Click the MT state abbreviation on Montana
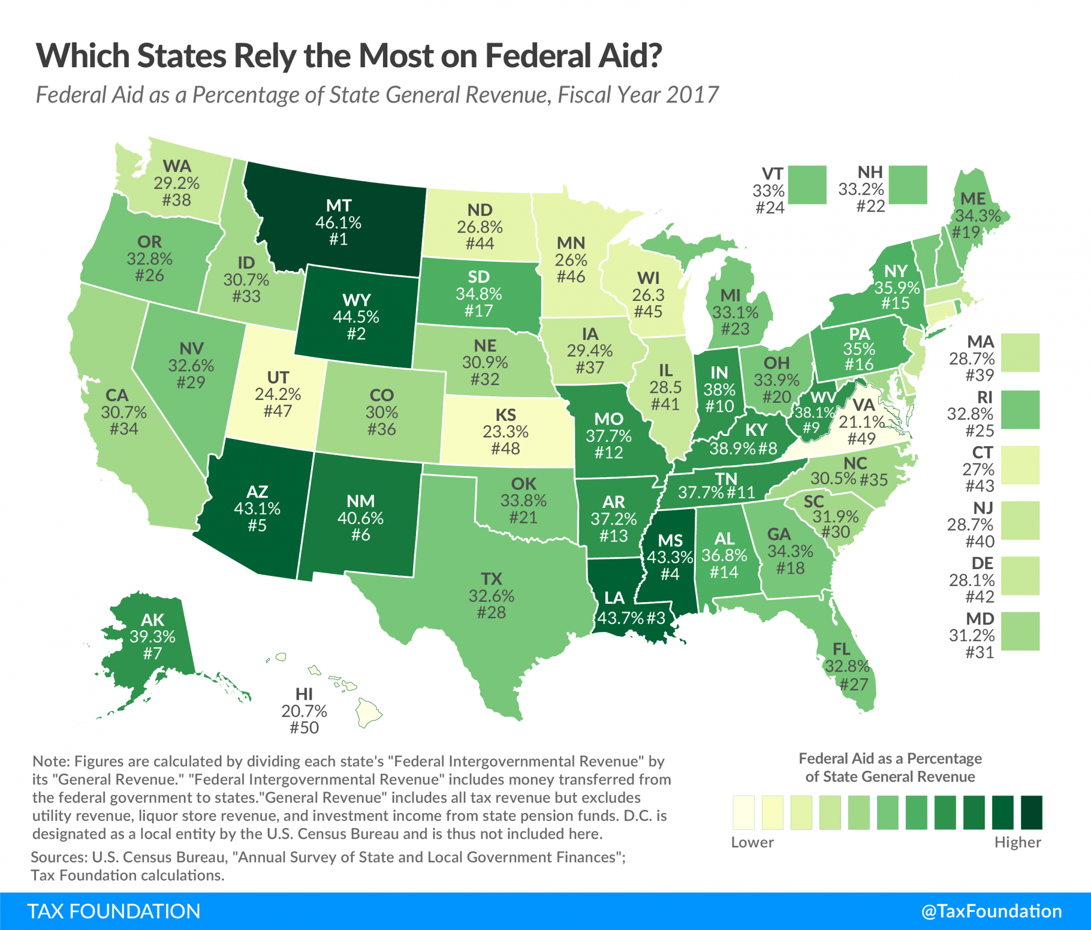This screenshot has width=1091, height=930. tap(338, 206)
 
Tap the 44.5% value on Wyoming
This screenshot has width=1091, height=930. tap(356, 317)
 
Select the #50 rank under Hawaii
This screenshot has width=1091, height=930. tap(304, 727)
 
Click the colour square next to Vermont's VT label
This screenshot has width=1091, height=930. tap(807, 185)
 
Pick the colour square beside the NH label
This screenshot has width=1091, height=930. tap(908, 185)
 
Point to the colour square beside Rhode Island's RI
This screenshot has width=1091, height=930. tap(1020, 410)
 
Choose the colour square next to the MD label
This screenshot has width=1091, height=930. tap(1020, 631)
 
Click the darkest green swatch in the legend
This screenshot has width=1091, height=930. tap(1031, 812)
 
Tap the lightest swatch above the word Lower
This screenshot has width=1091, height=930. tap(743, 812)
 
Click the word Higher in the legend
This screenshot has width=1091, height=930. tap(1017, 842)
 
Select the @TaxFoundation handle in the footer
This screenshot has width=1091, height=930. tap(991, 911)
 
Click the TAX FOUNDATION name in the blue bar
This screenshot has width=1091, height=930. tap(114, 911)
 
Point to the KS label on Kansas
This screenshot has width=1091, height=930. tap(505, 414)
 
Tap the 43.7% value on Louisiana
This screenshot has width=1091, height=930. tap(620, 618)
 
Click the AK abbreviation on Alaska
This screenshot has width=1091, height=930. tap(153, 620)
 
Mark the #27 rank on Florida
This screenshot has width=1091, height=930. tap(854, 684)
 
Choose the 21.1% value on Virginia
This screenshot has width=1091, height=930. tap(861, 422)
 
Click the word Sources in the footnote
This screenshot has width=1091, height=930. tap(57, 857)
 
